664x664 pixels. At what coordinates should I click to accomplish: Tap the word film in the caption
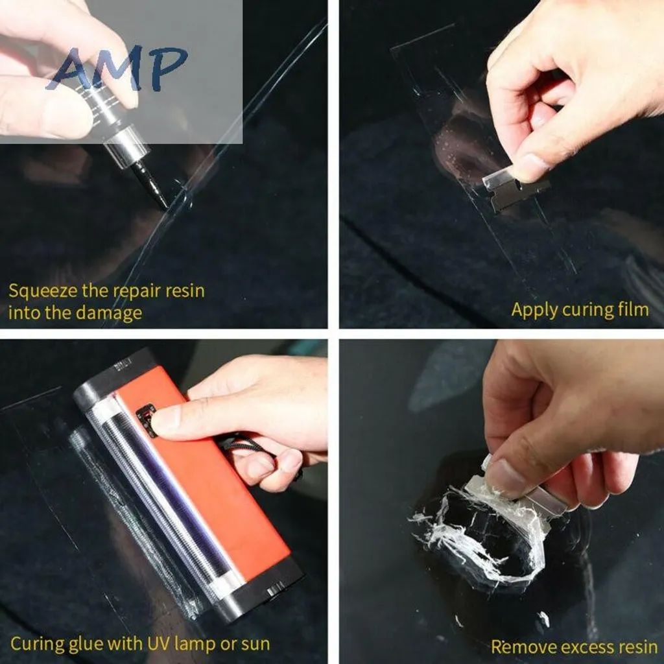(633, 309)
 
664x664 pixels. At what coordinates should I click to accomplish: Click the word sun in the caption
(255, 645)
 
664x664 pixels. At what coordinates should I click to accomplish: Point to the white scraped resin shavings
(479, 534)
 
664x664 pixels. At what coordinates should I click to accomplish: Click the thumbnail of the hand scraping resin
(501, 501)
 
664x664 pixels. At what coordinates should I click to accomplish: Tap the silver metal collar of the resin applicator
(126, 147)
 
